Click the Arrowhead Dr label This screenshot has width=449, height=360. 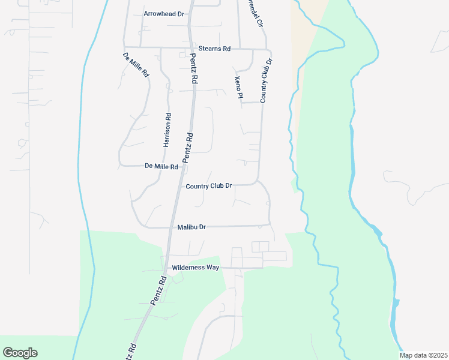(x=164, y=13)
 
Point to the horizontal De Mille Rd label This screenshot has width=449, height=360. (x=161, y=166)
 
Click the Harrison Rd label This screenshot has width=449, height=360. (x=167, y=130)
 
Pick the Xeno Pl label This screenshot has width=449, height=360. (x=238, y=87)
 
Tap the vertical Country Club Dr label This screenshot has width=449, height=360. (x=265, y=80)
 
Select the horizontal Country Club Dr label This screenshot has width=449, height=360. (x=209, y=186)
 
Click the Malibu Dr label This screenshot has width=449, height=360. (x=192, y=227)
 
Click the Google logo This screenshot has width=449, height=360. (x=20, y=353)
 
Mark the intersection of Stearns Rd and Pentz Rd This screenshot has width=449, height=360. (x=191, y=49)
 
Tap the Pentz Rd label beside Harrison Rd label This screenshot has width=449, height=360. (x=188, y=147)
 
